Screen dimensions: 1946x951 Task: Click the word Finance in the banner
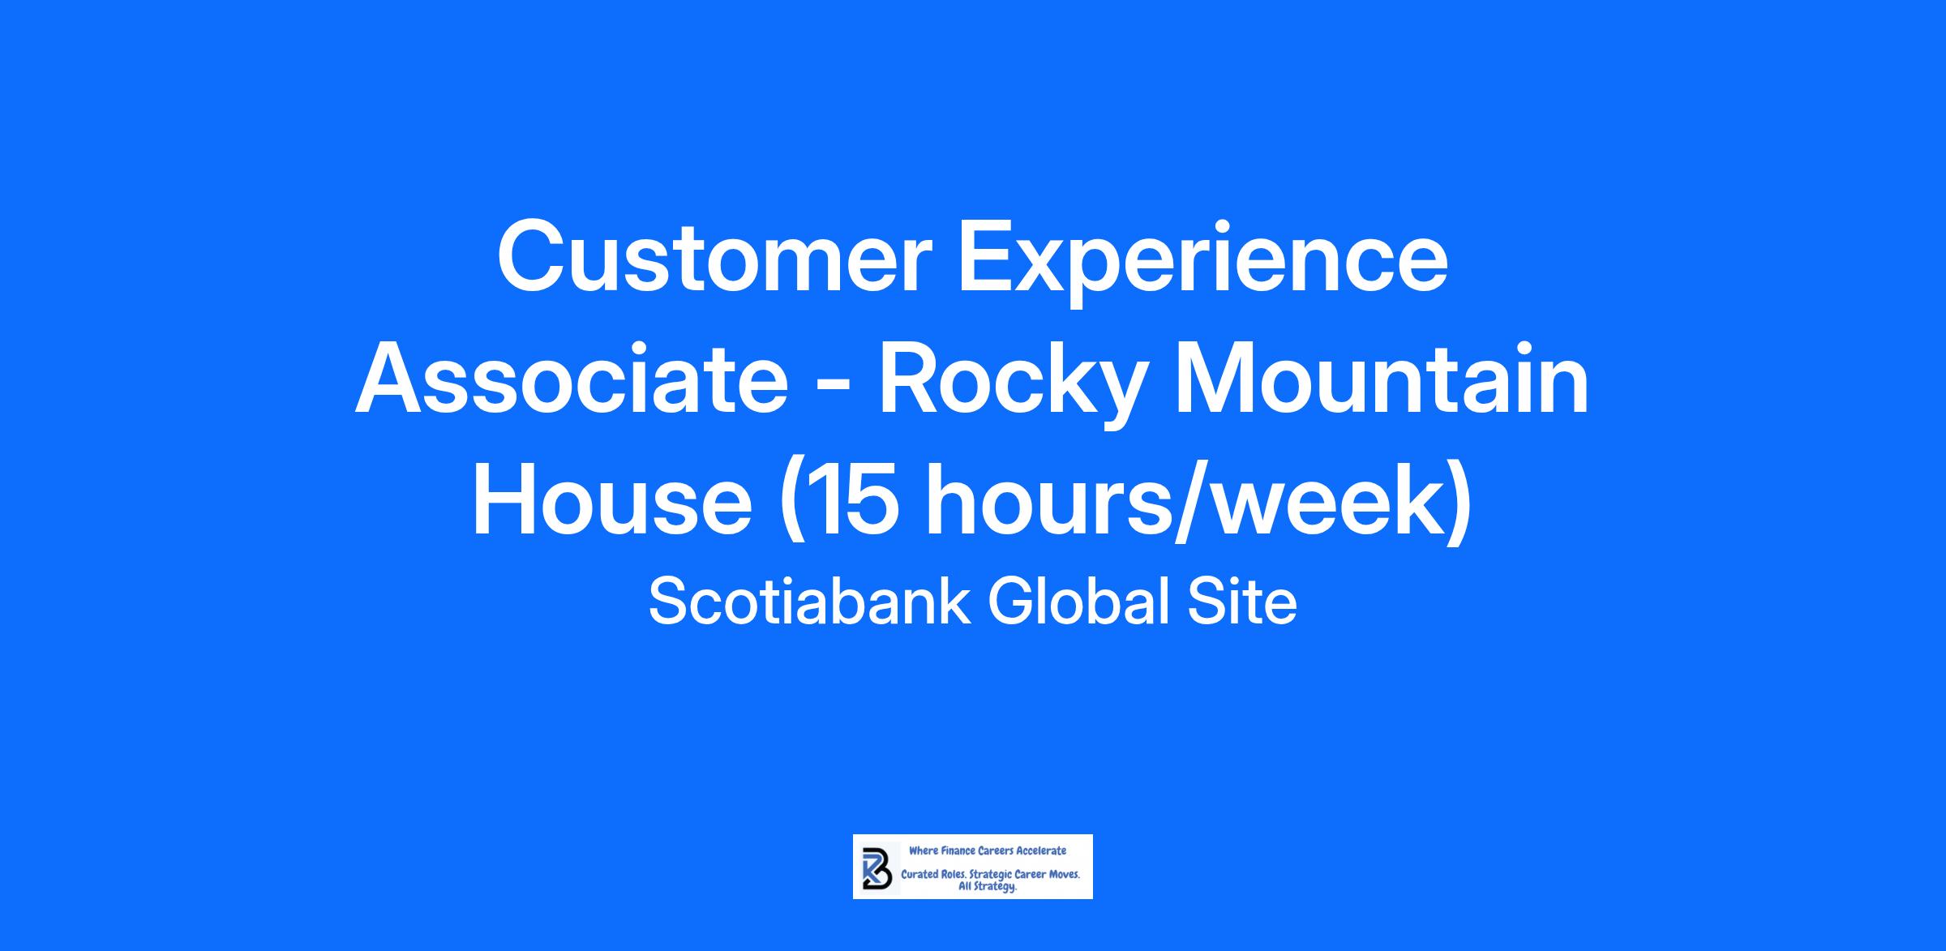click(x=957, y=850)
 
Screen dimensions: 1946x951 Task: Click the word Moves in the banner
click(x=1064, y=876)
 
